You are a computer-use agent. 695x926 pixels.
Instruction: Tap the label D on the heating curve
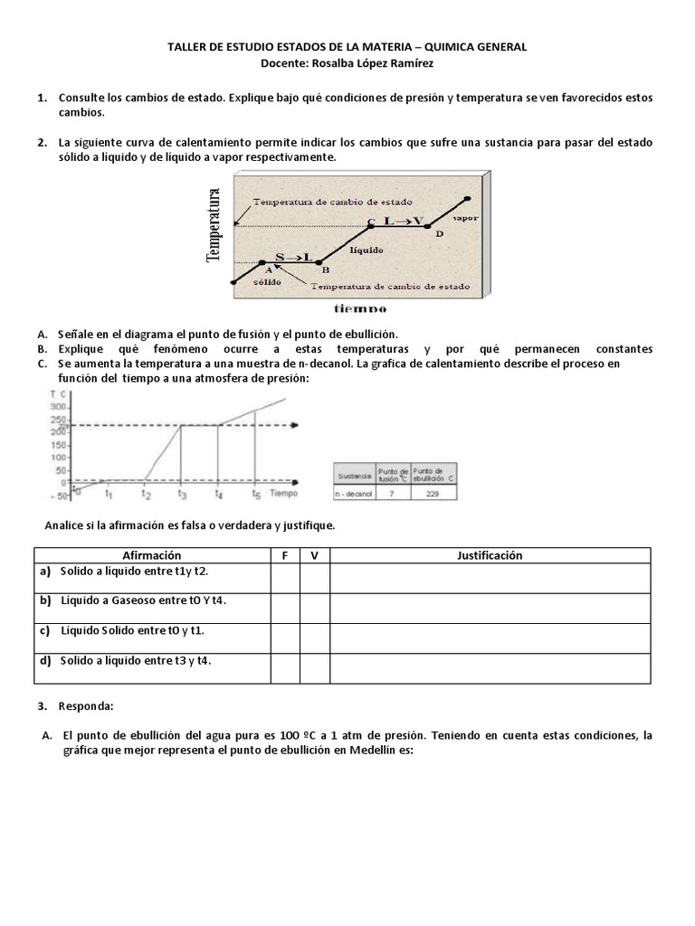pos(440,234)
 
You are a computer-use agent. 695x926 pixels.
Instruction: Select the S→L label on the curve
pos(292,257)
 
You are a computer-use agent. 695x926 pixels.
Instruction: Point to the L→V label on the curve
pos(403,220)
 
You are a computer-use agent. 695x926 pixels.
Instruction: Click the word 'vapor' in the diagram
pos(467,218)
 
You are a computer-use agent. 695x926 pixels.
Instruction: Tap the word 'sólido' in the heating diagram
pos(268,281)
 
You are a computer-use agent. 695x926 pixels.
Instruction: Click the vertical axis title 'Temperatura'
pos(214,225)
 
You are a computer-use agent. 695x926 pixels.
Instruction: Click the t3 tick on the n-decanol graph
pos(182,495)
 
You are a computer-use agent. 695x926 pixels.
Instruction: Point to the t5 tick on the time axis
pos(256,495)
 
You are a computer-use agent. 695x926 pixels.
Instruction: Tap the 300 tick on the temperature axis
pos(60,408)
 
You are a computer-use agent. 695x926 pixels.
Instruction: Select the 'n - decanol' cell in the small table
pos(355,494)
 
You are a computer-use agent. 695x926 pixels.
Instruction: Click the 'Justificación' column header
pos(490,555)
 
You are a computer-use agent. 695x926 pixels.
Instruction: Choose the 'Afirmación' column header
pos(152,555)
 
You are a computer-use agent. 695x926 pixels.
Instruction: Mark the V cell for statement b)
pos(314,609)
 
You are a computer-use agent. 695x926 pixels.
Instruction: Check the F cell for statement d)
pos(285,668)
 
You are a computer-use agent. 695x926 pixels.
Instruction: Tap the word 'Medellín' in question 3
pos(373,751)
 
